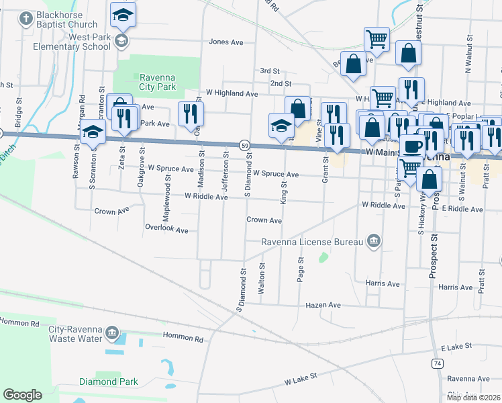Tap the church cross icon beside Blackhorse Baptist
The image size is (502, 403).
point(25,19)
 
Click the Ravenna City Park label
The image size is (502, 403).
point(158,82)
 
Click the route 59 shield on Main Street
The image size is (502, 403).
point(245,145)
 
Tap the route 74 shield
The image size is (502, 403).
point(437,363)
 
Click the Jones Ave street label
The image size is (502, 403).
point(226,42)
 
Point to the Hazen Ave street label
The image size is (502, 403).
point(323,305)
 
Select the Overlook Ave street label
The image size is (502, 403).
point(166,228)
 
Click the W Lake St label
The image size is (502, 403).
point(301,381)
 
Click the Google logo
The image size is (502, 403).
point(23,395)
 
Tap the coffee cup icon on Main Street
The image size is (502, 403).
point(413,146)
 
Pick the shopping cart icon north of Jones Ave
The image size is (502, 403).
point(377,38)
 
